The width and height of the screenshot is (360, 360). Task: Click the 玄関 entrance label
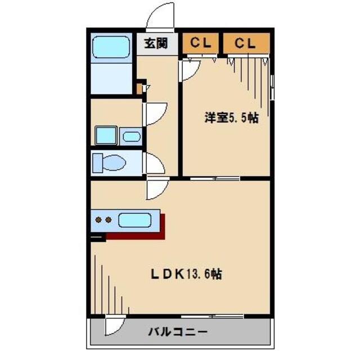click(x=156, y=43)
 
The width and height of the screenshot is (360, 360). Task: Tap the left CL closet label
click(x=200, y=43)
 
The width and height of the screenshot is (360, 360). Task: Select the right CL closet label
click(x=245, y=43)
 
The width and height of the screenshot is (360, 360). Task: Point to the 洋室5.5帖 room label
click(x=231, y=118)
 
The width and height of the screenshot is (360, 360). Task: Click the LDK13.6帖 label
click(x=186, y=274)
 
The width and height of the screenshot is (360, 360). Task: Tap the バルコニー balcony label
click(x=178, y=332)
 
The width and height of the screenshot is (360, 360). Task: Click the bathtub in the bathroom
click(x=111, y=47)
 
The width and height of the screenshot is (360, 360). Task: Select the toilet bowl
click(x=114, y=163)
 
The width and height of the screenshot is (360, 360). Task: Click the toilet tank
click(x=97, y=163)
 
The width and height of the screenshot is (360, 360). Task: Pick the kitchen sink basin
click(x=135, y=220)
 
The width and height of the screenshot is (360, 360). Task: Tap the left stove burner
click(x=98, y=220)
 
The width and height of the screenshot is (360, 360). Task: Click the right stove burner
click(x=109, y=220)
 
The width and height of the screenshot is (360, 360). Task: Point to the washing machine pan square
click(x=106, y=136)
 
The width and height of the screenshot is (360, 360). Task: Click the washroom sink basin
click(x=132, y=137)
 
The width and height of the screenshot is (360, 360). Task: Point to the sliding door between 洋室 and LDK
click(x=215, y=179)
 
